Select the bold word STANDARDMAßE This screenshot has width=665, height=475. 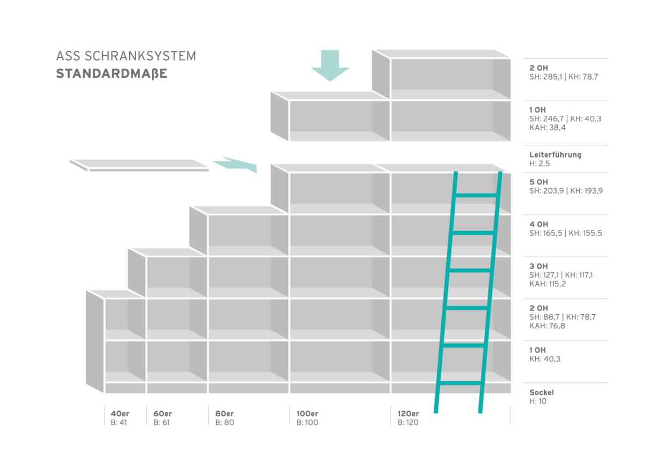click(112, 74)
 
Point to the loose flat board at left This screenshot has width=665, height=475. click(139, 165)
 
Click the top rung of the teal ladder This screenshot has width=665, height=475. click(477, 195)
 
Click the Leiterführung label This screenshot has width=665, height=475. click(555, 155)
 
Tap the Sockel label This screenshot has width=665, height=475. click(541, 392)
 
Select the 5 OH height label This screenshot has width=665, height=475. click(538, 182)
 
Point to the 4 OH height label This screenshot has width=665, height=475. click(538, 224)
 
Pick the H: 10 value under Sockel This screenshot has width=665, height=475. click(538, 400)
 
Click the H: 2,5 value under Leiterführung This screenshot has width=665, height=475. click(540, 164)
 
